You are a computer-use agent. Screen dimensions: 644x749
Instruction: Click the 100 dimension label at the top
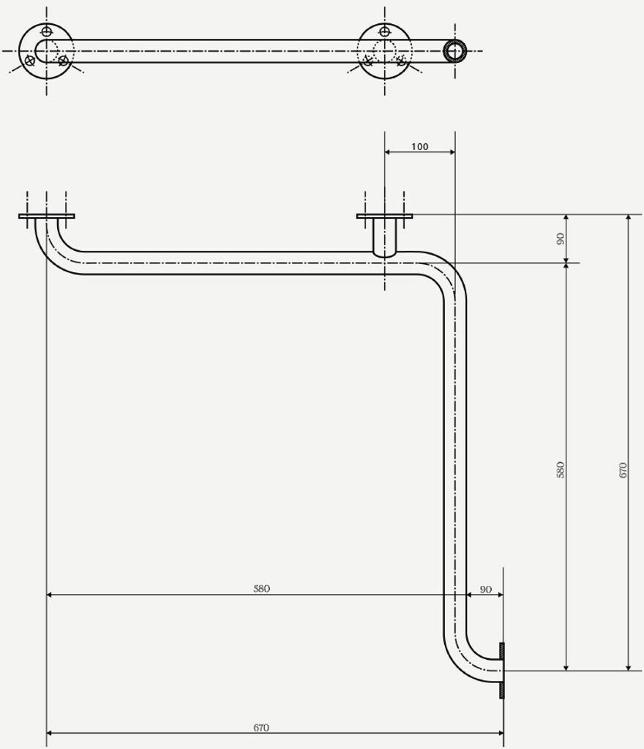point(419,147)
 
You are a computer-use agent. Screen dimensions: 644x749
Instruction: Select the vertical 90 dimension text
point(561,238)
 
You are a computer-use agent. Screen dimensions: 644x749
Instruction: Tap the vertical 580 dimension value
point(561,469)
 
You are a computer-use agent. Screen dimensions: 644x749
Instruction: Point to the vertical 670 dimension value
point(623,469)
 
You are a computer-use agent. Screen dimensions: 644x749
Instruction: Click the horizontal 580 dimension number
point(261,589)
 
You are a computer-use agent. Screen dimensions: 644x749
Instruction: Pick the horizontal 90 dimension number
point(485,589)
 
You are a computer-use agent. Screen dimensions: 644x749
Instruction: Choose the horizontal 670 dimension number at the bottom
point(261,728)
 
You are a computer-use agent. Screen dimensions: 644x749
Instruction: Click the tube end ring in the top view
point(455,51)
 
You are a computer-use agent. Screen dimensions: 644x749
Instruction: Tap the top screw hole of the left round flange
point(47,31)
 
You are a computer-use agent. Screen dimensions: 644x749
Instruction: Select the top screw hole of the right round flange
point(385,31)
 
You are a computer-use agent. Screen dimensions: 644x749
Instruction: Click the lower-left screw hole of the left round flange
point(29,61)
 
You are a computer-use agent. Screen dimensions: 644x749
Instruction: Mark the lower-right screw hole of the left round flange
point(64,61)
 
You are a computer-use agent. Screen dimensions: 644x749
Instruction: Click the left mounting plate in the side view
point(46,217)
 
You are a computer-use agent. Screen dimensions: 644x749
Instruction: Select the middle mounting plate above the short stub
point(384,217)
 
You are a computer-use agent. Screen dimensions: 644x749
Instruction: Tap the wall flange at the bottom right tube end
point(501,670)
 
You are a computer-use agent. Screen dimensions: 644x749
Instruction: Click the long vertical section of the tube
point(455,453)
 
